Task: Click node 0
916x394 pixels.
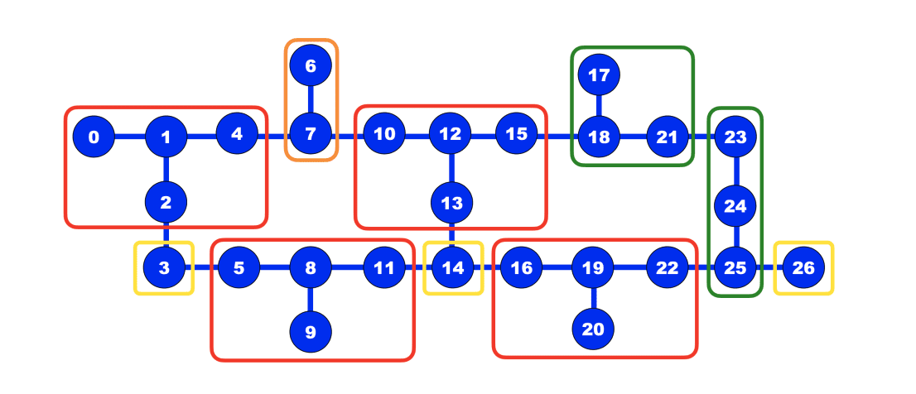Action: (x=94, y=137)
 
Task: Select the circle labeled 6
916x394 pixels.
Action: (x=311, y=65)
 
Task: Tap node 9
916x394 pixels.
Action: (x=311, y=332)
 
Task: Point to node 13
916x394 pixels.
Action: (x=451, y=202)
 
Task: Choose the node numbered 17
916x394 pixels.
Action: (x=599, y=75)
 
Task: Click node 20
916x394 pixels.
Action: (x=593, y=329)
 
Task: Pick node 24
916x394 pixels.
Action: (x=735, y=206)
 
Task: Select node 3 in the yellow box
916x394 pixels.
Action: (x=165, y=267)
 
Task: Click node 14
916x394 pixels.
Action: (x=452, y=267)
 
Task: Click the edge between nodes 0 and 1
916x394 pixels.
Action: (x=130, y=137)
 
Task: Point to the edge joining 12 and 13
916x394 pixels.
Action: (x=451, y=168)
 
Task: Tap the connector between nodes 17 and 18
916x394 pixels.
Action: (x=599, y=106)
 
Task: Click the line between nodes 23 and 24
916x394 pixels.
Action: (x=735, y=171)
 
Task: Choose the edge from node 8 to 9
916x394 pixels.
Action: (x=311, y=300)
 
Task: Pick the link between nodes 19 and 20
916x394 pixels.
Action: (x=593, y=298)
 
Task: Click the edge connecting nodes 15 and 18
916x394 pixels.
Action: (x=557, y=135)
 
